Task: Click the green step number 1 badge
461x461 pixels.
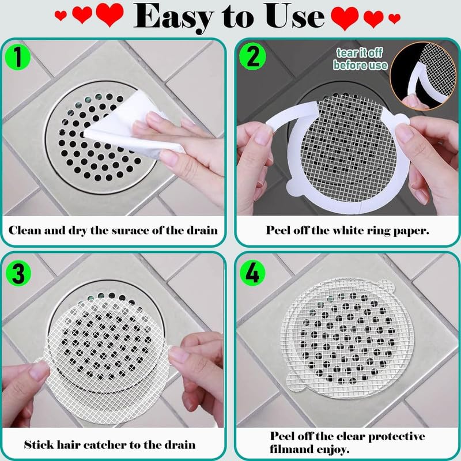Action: tap(18, 56)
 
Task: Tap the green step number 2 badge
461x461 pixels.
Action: tap(252, 56)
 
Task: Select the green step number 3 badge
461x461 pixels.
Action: tap(18, 273)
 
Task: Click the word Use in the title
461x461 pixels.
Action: tap(294, 16)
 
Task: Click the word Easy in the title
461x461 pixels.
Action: tap(174, 18)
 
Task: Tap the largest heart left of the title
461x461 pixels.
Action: tap(109, 15)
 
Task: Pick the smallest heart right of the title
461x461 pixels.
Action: tap(394, 18)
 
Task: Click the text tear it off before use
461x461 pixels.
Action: tap(360, 59)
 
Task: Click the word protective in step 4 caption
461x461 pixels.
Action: tap(396, 437)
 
